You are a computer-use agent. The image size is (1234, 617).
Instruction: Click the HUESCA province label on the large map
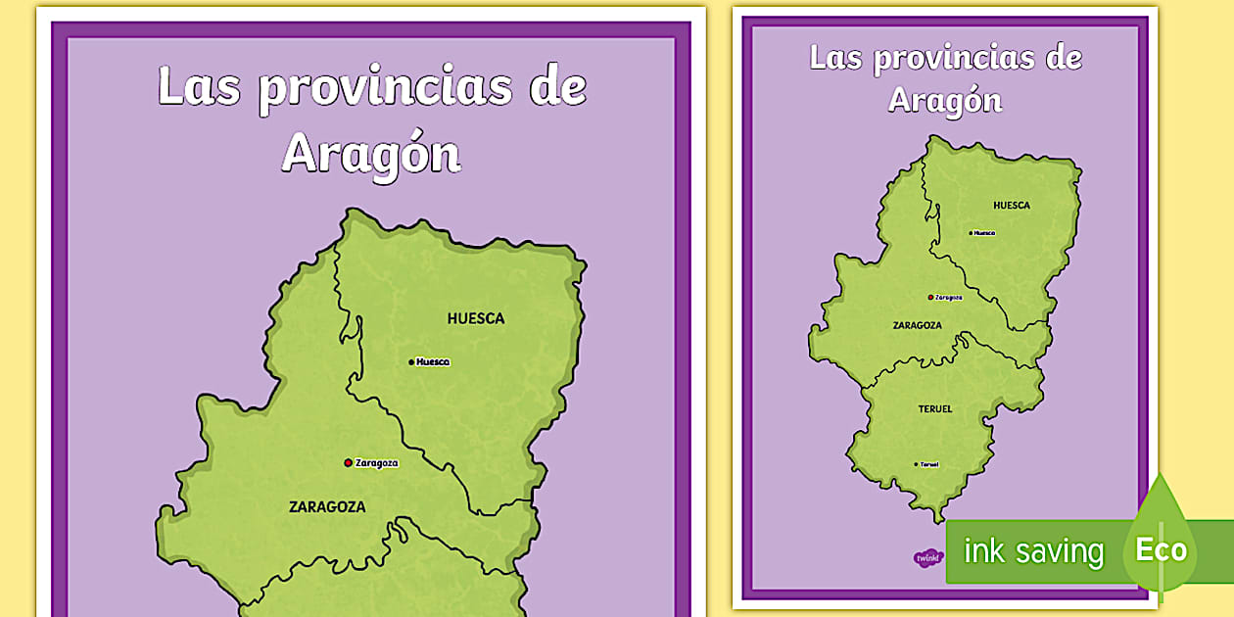click(x=476, y=318)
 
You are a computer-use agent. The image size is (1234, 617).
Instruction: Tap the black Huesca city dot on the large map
click(x=411, y=362)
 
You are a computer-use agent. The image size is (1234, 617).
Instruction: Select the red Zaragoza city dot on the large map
click(x=348, y=463)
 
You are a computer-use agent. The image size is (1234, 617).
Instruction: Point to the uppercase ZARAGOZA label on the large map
click(x=327, y=507)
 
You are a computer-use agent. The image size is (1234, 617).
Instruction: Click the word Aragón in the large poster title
click(x=371, y=154)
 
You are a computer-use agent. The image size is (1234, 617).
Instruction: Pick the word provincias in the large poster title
click(x=385, y=88)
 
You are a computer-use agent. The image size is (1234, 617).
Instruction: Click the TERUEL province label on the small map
click(x=935, y=408)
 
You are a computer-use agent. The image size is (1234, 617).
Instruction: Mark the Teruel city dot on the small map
click(x=917, y=464)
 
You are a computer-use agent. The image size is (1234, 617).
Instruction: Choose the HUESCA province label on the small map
click(x=1012, y=206)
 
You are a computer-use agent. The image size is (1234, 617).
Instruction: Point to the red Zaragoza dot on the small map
click(x=930, y=297)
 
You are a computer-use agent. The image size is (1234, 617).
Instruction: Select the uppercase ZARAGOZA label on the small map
click(x=918, y=325)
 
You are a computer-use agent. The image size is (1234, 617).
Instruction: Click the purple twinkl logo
click(x=926, y=557)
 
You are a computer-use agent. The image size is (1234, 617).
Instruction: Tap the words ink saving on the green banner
click(x=1033, y=551)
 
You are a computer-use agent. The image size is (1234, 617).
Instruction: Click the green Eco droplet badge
click(x=1161, y=544)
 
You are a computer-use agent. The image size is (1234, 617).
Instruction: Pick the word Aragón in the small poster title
click(x=945, y=99)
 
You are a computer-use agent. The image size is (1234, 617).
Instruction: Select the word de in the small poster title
click(x=1063, y=58)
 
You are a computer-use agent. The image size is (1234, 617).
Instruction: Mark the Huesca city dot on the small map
click(x=971, y=233)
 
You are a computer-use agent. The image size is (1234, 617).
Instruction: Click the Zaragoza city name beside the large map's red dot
click(x=377, y=463)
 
